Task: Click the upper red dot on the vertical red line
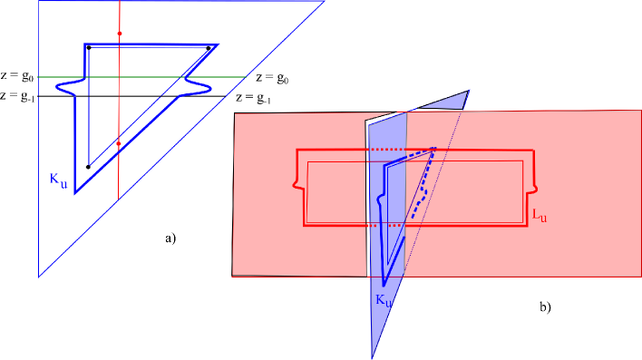(x=119, y=34)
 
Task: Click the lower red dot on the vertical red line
(x=119, y=143)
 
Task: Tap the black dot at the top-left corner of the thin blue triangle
(x=88, y=47)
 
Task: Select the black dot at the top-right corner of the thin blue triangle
(x=208, y=48)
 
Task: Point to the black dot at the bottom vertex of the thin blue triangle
(x=88, y=167)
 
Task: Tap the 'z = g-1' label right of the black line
(x=253, y=97)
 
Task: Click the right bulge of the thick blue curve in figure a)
(x=204, y=88)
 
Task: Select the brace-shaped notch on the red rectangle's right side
(x=537, y=188)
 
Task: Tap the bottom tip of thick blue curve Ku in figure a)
(x=75, y=191)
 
